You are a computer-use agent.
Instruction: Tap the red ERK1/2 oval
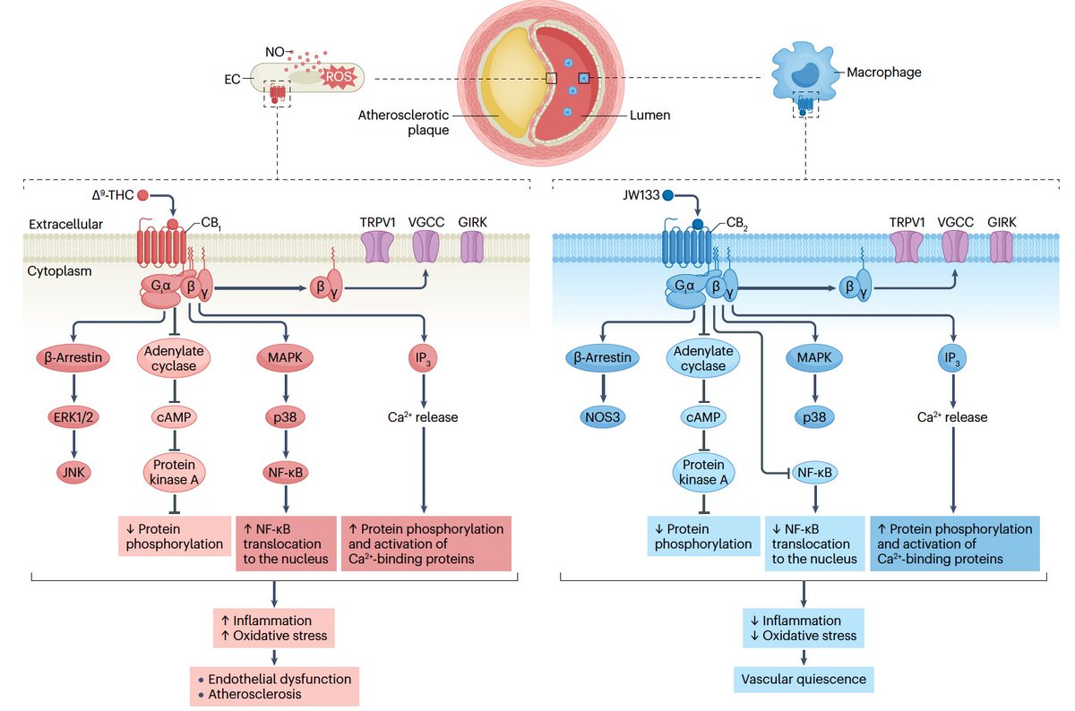76,418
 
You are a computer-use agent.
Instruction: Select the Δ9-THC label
113,193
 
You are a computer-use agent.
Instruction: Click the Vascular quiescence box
801,679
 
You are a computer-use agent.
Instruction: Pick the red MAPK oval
285,358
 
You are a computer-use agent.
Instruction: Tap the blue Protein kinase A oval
704,471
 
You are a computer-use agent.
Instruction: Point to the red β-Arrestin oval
76,358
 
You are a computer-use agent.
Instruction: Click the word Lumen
649,116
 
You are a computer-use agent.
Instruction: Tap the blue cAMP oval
703,418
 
